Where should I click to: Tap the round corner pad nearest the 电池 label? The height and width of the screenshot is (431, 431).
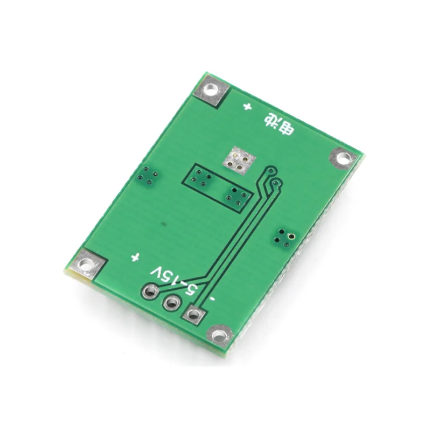click(x=343, y=158)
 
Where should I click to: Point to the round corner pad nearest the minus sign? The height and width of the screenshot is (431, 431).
click(x=219, y=336)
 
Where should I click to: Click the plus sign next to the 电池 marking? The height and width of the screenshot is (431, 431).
click(x=247, y=107)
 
